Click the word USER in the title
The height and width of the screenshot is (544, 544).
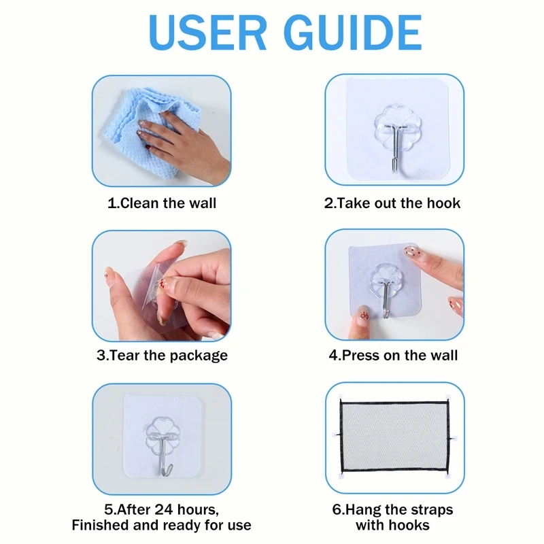pyautogui.click(x=207, y=33)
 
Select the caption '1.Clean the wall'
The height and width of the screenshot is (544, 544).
pyautogui.click(x=162, y=203)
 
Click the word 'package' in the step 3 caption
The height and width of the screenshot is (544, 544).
pyautogui.click(x=199, y=356)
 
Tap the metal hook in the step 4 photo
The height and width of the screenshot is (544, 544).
pyautogui.click(x=386, y=299)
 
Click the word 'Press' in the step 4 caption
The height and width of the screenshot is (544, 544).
pyautogui.click(x=360, y=355)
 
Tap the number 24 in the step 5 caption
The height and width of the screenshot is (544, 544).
pyautogui.click(x=164, y=509)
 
